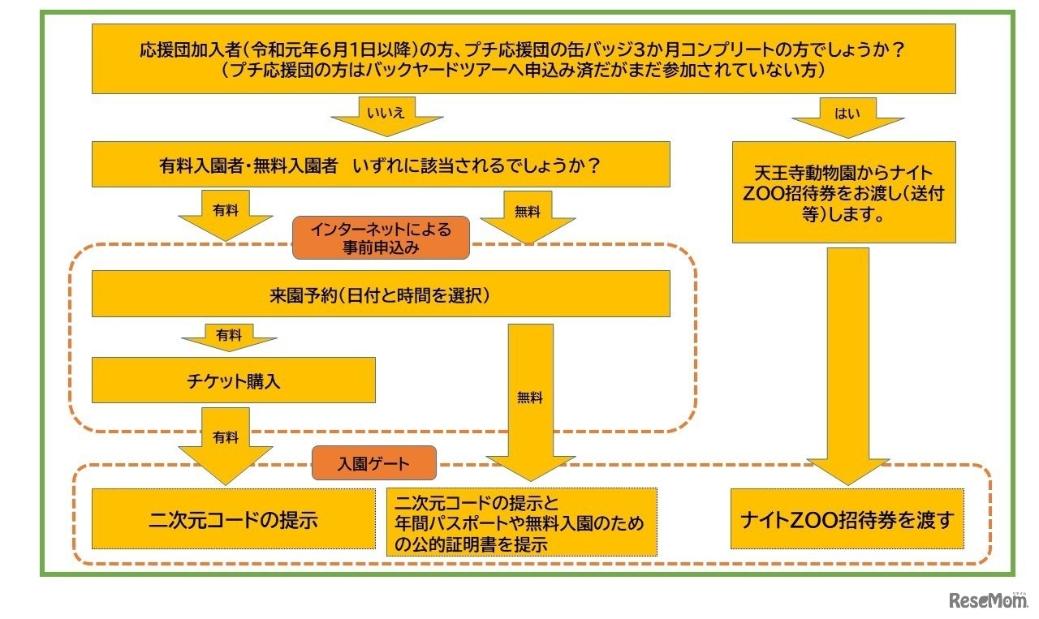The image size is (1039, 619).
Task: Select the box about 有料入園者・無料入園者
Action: pyautogui.click(x=381, y=165)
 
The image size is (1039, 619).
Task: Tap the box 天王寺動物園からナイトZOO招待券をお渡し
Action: pyautogui.click(x=843, y=193)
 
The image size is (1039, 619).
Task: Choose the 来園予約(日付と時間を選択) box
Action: pyautogui.click(x=381, y=294)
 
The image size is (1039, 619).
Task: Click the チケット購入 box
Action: pyautogui.click(x=233, y=380)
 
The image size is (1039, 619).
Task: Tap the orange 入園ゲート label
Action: pyautogui.click(x=374, y=464)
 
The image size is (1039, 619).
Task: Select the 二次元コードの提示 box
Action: pyautogui.click(x=233, y=519)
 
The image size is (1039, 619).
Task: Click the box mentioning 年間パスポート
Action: pyautogui.click(x=521, y=522)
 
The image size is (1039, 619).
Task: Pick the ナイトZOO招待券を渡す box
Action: pyautogui.click(x=847, y=519)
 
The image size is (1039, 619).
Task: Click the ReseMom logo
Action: pyautogui.click(x=987, y=600)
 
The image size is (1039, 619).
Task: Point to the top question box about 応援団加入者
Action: pyautogui.click(x=523, y=59)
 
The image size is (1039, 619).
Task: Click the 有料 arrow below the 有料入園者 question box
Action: pyautogui.click(x=225, y=214)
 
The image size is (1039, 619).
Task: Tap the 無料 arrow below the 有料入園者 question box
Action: pyautogui.click(x=528, y=216)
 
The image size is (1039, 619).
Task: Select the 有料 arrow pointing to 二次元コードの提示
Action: pyautogui.click(x=225, y=442)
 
